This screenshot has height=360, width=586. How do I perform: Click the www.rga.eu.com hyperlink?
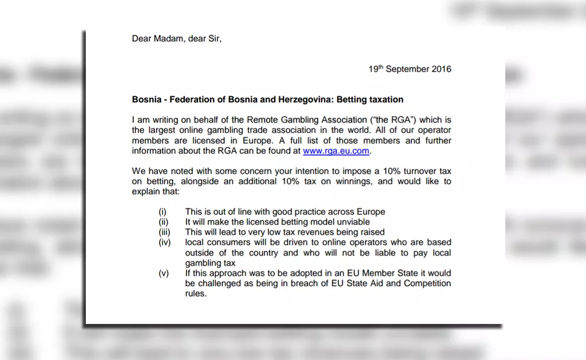pos(336,151)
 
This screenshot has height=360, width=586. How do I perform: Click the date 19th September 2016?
pos(410,69)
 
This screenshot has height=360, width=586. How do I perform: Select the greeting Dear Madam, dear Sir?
pos(176,39)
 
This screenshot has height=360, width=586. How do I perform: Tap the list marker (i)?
pos(163,212)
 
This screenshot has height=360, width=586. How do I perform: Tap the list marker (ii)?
pos(163,222)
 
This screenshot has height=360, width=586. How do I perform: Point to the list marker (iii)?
pos(164,232)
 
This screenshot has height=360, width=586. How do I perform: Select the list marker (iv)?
pos(164,243)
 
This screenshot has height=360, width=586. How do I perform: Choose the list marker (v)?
pos(164,274)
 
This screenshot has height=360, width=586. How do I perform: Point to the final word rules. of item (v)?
pos(196,294)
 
